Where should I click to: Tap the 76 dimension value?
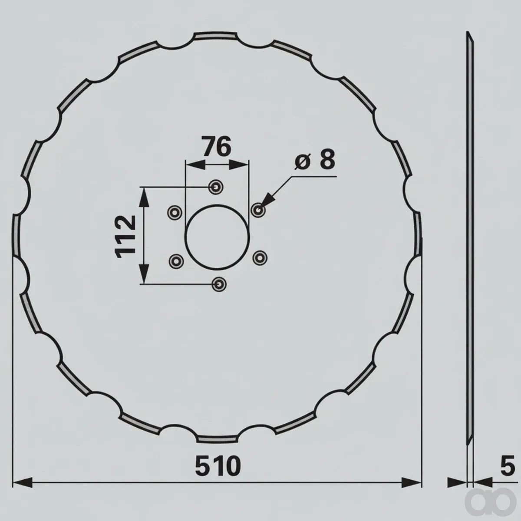coord(217,147)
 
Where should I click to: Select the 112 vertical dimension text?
coord(125,237)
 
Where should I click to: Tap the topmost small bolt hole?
coord(216,187)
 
